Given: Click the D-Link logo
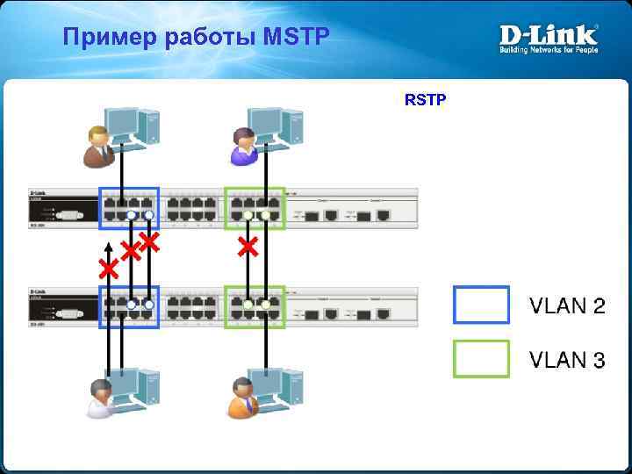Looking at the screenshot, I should click(549, 38).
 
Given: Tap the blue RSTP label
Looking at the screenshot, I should click(425, 100).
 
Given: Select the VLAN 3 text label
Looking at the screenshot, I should click(567, 360).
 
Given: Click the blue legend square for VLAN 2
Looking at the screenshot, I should click(481, 305).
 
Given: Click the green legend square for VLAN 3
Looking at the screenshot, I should click(481, 359).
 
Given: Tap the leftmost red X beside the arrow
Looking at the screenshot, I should click(109, 269).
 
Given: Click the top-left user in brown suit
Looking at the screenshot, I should click(97, 146).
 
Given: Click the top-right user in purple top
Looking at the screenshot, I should click(241, 146).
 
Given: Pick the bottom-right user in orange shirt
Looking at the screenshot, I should click(243, 398).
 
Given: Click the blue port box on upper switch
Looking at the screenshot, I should click(129, 209).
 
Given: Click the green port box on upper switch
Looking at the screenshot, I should click(255, 209).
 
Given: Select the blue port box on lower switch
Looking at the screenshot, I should click(129, 306).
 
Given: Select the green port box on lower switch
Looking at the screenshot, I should click(255, 306).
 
